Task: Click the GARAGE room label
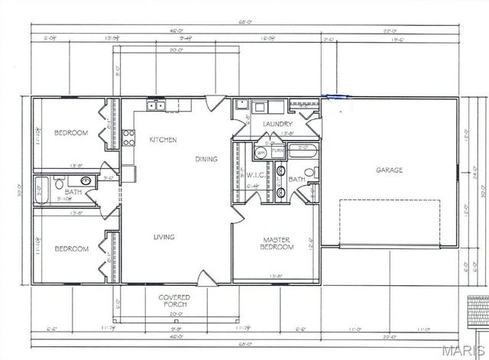click(388, 170)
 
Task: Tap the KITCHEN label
click(163, 140)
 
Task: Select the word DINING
click(206, 159)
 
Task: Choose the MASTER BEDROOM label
click(278, 242)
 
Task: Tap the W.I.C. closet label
click(254, 174)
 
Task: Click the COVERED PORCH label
click(174, 300)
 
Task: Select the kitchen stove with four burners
click(128, 138)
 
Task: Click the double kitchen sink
click(157, 105)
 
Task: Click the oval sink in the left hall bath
click(86, 181)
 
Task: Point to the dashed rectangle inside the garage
click(390, 222)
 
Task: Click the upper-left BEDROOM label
click(71, 133)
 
